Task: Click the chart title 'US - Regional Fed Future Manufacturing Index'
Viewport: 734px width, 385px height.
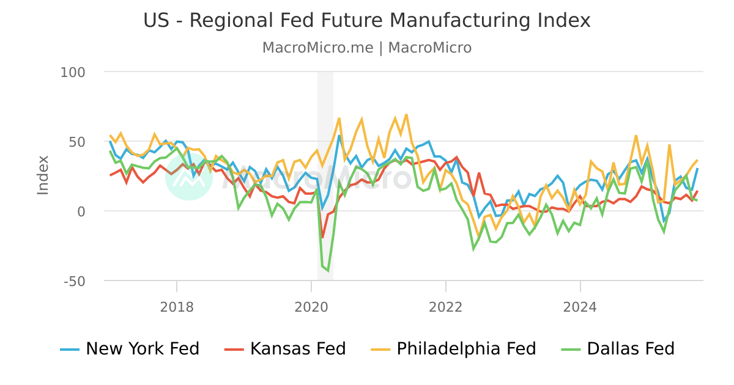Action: click(x=367, y=21)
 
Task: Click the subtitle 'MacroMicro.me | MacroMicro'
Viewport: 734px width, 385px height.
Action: click(x=367, y=48)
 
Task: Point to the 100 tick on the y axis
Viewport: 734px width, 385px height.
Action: click(x=73, y=72)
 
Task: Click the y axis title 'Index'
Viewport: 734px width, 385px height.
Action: click(x=43, y=175)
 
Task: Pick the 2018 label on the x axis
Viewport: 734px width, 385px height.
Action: click(x=177, y=307)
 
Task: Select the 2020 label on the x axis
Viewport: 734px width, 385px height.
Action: click(x=311, y=307)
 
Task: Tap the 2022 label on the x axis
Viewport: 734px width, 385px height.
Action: click(x=446, y=307)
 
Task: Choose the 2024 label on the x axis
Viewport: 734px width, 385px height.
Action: click(x=580, y=307)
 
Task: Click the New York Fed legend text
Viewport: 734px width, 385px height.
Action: click(x=143, y=349)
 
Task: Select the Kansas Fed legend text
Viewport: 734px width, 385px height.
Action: click(x=298, y=349)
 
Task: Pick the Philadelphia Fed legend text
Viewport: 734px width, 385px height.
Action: click(x=466, y=349)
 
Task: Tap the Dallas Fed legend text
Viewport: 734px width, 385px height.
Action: click(x=631, y=349)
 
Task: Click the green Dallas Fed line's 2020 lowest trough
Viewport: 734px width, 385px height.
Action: click(x=328, y=271)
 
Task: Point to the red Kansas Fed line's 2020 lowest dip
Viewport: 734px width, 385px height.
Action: click(x=322, y=237)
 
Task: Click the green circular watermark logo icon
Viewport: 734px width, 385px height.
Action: click(x=189, y=177)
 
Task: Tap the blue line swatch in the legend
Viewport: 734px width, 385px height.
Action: click(x=70, y=350)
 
